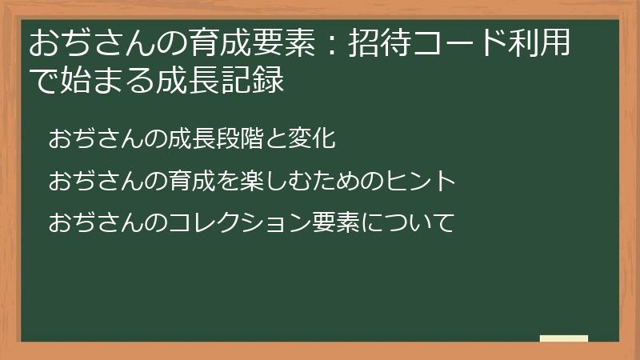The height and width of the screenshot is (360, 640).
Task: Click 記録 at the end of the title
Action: [256, 81]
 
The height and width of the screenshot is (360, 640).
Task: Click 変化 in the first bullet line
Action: [312, 139]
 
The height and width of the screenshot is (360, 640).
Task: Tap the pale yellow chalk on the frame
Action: [563, 339]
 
